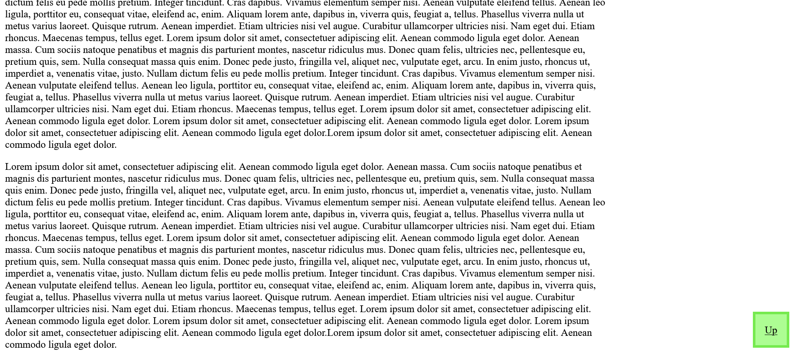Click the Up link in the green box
tap(771, 330)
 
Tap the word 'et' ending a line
tap(578, 166)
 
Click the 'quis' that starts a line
tap(13, 190)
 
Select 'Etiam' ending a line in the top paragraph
tap(582, 26)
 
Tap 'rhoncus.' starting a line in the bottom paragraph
tap(22, 238)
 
